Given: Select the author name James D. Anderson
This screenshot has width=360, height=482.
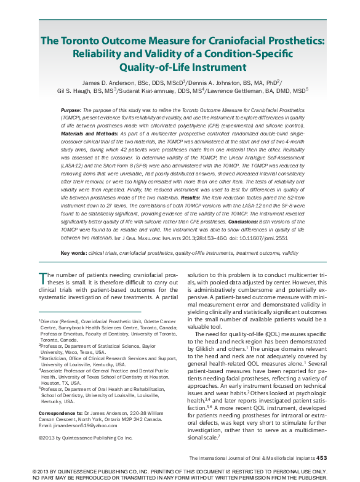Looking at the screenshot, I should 110,81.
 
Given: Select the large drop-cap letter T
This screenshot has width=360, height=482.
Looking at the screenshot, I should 42,277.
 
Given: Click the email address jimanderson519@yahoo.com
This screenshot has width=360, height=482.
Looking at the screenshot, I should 78,409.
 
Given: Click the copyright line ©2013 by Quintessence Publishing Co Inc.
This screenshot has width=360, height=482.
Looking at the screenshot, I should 86,421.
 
